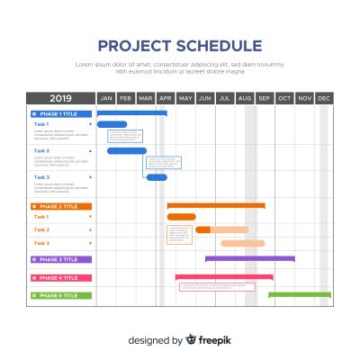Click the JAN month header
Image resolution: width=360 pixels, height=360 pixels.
click(106, 98)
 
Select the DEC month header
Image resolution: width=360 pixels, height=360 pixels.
click(324, 98)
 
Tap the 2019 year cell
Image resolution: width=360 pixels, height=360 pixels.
click(60, 98)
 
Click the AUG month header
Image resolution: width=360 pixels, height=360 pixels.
click(245, 98)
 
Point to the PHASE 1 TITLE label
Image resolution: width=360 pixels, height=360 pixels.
click(60, 113)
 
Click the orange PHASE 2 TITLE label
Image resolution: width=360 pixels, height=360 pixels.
click(60, 206)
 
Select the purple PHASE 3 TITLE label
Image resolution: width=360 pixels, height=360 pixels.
click(60, 259)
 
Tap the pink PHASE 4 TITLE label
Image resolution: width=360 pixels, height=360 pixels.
click(60, 278)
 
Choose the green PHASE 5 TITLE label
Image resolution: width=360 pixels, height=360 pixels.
click(60, 295)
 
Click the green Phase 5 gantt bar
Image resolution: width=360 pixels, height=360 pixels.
click(300, 293)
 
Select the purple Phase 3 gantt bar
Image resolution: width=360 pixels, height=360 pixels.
click(249, 258)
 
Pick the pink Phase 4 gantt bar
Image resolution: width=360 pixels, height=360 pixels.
click(224, 277)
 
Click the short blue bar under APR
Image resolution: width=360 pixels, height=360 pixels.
click(157, 177)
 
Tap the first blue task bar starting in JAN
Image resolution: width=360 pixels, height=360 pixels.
click(112, 124)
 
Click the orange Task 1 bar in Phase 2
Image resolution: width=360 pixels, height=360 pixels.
click(181, 217)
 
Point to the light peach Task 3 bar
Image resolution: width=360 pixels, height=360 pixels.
click(242, 243)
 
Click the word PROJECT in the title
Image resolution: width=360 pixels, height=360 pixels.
click(136, 46)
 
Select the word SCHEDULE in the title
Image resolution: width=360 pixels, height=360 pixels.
click(220, 46)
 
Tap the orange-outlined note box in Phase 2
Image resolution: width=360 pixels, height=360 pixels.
click(179, 234)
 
